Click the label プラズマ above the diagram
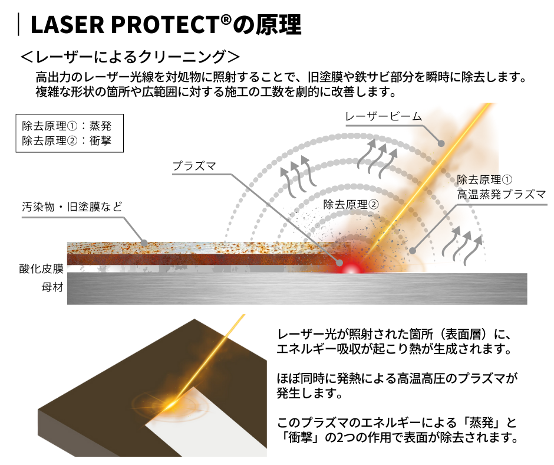[194, 166]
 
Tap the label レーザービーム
[383, 116]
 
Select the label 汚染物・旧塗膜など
[72, 207]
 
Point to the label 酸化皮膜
[41, 268]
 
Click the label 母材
[52, 287]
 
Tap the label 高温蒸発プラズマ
[502, 194]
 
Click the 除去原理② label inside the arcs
[351, 204]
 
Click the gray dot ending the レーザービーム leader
[441, 143]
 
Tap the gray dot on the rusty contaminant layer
[144, 243]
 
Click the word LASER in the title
[68, 25]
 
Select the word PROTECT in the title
[166, 25]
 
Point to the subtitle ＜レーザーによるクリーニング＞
[130, 57]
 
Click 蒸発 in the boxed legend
[100, 126]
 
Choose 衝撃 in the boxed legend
[100, 140]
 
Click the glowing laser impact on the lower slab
[170, 404]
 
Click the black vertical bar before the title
[18, 24]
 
